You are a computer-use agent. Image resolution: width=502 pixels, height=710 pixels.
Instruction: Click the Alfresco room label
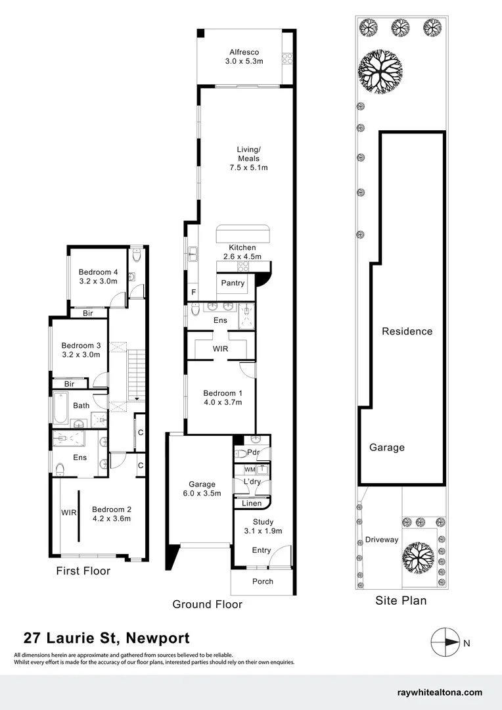pyautogui.click(x=244, y=52)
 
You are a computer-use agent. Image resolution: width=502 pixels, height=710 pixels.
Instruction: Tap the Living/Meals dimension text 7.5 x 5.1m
pyautogui.click(x=248, y=168)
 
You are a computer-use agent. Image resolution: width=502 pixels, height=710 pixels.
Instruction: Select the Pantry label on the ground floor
pyautogui.click(x=233, y=283)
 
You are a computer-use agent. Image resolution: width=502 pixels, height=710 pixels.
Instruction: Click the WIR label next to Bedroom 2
pyautogui.click(x=69, y=511)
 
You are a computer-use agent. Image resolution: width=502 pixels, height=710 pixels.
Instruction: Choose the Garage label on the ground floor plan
pyautogui.click(x=202, y=483)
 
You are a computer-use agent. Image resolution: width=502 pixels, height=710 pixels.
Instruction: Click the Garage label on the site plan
pyautogui.click(x=386, y=448)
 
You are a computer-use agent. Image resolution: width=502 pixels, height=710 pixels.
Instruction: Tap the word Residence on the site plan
pyautogui.click(x=407, y=331)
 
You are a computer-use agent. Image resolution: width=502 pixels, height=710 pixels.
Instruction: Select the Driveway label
pyautogui.click(x=382, y=540)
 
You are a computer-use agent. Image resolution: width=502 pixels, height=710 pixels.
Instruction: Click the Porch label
pyautogui.click(x=262, y=581)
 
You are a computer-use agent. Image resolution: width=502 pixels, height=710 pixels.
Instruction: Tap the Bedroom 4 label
pyautogui.click(x=98, y=272)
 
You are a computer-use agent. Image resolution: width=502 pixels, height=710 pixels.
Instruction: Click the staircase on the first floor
pyautogui.click(x=134, y=375)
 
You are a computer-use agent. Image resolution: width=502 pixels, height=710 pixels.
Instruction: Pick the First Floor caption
pyautogui.click(x=83, y=571)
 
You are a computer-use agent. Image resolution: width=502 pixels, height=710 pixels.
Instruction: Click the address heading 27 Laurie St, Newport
pyautogui.click(x=106, y=638)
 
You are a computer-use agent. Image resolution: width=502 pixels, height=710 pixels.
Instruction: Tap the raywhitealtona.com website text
pyautogui.click(x=440, y=692)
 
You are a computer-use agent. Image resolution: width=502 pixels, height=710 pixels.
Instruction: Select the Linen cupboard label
pyautogui.click(x=252, y=504)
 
